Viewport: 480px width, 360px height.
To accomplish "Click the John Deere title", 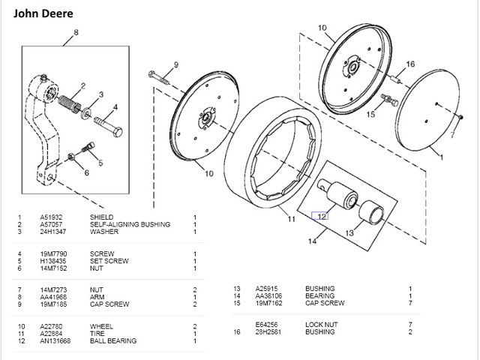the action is point(43,13).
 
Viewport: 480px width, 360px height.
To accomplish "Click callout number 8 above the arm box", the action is point(76,32).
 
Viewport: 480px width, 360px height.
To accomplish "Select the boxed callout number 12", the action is point(320,216).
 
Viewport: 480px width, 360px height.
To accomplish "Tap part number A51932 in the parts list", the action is point(51,217).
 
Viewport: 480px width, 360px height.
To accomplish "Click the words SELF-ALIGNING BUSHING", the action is point(130,224).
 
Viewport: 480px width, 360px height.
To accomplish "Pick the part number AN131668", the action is point(55,340).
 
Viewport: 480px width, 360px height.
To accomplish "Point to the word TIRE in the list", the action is point(97,334).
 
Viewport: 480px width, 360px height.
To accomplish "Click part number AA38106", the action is point(268,296).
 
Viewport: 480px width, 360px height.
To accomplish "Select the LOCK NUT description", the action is point(322,325).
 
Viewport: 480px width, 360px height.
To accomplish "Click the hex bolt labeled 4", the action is point(108,127).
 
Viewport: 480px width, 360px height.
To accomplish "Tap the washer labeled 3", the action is point(86,113).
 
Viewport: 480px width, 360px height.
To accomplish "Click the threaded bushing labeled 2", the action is point(69,103).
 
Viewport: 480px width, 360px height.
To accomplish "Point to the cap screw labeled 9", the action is point(159,78).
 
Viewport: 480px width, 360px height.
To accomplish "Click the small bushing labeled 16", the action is point(396,79).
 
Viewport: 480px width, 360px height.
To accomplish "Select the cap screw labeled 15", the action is point(389,100).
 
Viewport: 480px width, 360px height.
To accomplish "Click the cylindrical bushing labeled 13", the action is point(370,212).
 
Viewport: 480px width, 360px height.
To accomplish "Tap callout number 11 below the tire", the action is point(291,219).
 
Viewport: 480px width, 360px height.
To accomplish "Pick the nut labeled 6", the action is point(71,157).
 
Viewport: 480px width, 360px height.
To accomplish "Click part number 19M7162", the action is point(268,303).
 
